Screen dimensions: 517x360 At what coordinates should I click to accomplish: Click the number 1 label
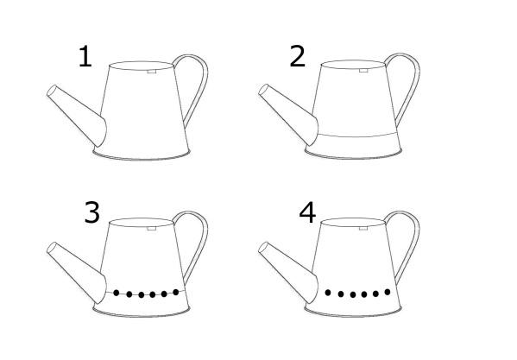click(85, 56)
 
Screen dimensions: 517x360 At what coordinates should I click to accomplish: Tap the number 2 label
click(298, 56)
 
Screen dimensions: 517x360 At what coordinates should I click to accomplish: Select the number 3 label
click(92, 212)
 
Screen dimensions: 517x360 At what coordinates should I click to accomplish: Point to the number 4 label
click(307, 212)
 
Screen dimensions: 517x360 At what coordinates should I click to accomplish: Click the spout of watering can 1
click(77, 116)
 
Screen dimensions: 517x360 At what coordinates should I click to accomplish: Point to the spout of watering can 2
click(289, 114)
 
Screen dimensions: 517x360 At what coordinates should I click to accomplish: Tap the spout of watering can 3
click(77, 272)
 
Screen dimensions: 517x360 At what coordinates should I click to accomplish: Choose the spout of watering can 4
click(289, 272)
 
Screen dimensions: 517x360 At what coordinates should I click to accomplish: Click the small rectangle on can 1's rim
click(152, 71)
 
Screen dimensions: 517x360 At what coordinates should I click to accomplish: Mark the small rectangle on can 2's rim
click(363, 70)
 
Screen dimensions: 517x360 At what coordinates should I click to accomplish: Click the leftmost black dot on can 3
click(116, 293)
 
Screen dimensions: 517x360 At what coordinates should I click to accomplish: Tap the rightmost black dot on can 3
click(176, 292)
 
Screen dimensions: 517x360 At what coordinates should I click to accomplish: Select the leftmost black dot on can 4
click(328, 293)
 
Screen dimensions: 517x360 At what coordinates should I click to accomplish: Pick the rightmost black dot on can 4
click(388, 292)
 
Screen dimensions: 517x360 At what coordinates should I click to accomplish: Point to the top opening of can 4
click(353, 222)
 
